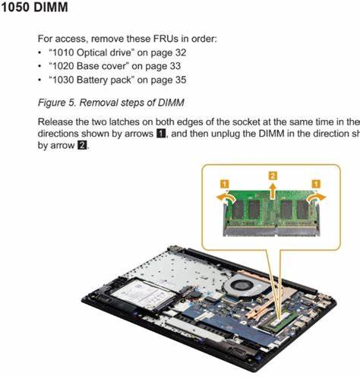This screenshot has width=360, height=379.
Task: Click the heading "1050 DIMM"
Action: [34, 7]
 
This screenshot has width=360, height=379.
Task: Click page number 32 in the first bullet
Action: [181, 52]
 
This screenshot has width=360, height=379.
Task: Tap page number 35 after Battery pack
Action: [181, 80]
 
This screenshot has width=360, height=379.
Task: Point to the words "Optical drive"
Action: [104, 52]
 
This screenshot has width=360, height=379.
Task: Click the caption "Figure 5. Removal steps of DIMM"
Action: [111, 103]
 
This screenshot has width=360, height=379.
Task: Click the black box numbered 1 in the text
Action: [161, 134]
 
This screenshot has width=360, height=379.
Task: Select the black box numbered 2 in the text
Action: [82, 145]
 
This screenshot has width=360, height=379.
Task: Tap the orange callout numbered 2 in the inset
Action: [273, 175]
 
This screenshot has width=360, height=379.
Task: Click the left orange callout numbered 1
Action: [225, 184]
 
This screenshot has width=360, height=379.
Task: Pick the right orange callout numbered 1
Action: [316, 184]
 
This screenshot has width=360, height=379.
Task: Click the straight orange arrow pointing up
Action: [273, 191]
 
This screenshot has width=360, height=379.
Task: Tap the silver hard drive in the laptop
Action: [143, 294]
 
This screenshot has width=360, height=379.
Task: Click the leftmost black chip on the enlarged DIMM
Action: [238, 210]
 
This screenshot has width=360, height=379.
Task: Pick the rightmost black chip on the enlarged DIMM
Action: [303, 210]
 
